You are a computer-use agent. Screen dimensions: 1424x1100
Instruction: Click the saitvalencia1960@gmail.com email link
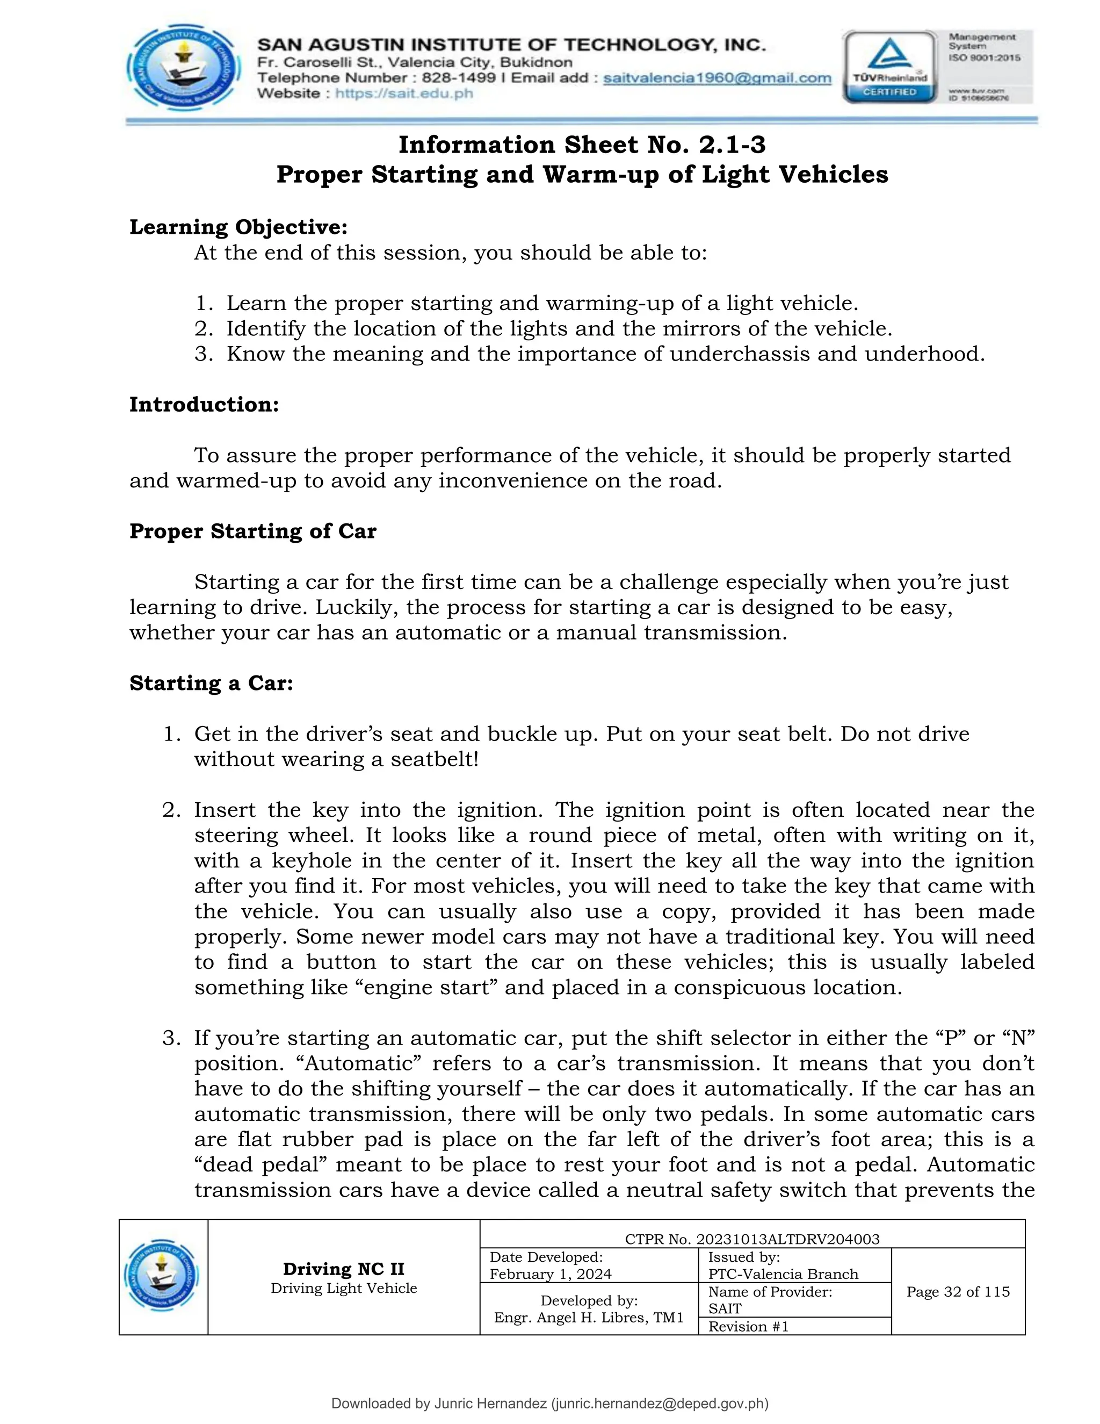point(717,78)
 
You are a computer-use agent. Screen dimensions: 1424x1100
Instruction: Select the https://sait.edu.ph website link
point(404,94)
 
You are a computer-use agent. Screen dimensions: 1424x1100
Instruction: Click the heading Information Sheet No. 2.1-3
point(582,145)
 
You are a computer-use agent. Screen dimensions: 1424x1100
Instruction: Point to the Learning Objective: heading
point(238,227)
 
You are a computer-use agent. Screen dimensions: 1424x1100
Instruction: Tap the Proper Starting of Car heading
point(253,531)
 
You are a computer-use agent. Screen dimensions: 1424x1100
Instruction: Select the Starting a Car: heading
point(211,682)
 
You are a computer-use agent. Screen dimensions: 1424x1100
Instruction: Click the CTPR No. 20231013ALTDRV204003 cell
point(752,1239)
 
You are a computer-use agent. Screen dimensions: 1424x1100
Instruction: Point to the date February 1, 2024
point(551,1274)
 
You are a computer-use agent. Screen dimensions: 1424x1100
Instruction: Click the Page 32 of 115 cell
point(958,1292)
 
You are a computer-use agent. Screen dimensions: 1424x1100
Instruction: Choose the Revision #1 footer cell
point(749,1326)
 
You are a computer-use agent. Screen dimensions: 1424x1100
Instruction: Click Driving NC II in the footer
point(343,1269)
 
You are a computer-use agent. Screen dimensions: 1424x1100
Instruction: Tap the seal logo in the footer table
point(163,1276)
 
